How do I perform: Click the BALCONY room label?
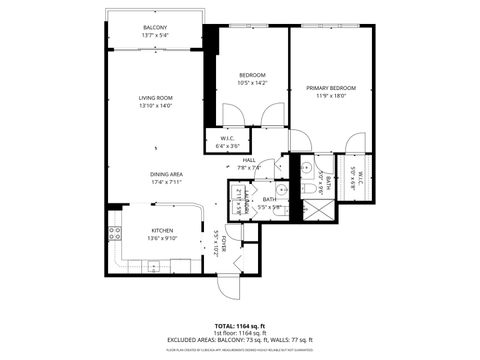(x=155, y=27)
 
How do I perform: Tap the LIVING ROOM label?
(x=155, y=97)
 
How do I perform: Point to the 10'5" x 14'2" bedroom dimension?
(x=252, y=84)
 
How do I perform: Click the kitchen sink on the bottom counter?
(x=154, y=265)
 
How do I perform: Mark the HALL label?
(x=249, y=160)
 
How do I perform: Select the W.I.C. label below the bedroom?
(x=227, y=139)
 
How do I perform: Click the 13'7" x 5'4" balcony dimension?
(x=155, y=35)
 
